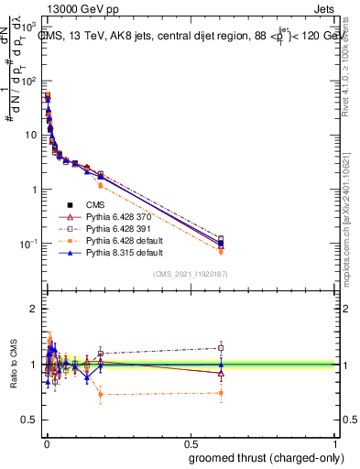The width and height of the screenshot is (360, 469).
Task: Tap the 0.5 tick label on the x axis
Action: [x=191, y=443]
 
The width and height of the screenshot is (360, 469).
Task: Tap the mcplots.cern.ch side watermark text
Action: [x=352, y=211]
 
